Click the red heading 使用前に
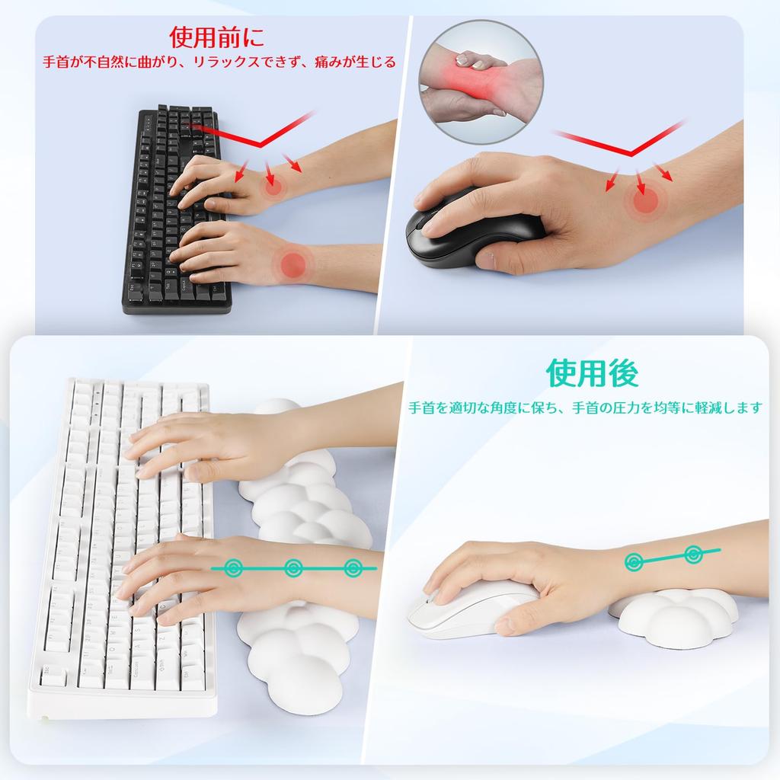tap(217, 37)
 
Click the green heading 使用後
tap(592, 373)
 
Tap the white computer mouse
tap(457, 609)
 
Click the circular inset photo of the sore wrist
tap(481, 82)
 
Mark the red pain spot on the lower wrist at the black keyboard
tap(293, 264)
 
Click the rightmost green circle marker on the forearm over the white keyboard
tap(353, 568)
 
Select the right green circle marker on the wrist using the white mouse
tap(693, 554)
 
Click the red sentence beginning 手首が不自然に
tap(217, 62)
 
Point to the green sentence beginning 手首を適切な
tap(585, 408)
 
